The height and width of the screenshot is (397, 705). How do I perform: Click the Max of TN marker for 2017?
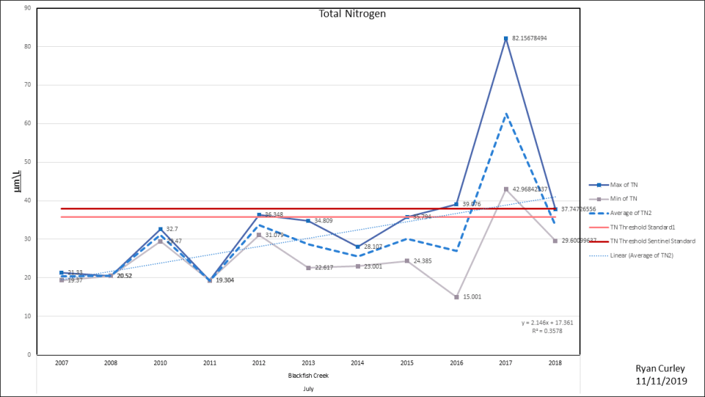pyautogui.click(x=506, y=39)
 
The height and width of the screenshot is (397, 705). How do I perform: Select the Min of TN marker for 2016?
pyautogui.click(x=456, y=297)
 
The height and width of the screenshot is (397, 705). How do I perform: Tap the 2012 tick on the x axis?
pyautogui.click(x=259, y=363)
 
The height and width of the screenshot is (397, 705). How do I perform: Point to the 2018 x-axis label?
pyautogui.click(x=555, y=363)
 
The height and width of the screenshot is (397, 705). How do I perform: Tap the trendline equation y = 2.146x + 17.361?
pyautogui.click(x=548, y=323)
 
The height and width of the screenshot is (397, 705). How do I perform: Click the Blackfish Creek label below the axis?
pyautogui.click(x=308, y=376)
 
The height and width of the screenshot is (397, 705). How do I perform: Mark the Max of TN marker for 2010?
pyautogui.click(x=160, y=229)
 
